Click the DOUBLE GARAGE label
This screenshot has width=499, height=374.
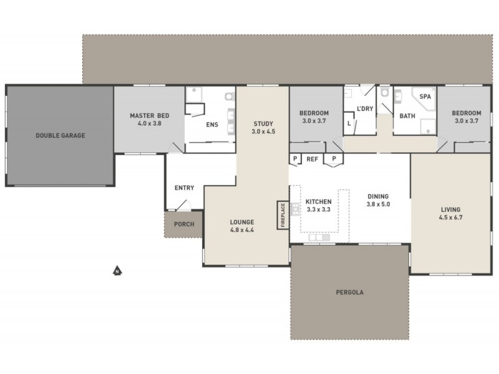click(x=60, y=135)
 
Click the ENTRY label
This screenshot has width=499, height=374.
click(x=185, y=188)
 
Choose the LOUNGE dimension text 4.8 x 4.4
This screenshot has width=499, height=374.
click(x=241, y=230)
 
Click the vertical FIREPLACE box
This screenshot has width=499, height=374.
click(x=282, y=215)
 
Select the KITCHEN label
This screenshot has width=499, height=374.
click(x=317, y=203)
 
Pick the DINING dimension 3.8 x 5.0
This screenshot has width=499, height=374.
click(x=378, y=204)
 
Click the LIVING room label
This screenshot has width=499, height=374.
click(x=452, y=209)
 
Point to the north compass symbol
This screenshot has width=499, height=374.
click(x=117, y=271)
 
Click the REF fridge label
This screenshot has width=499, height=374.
click(x=312, y=160)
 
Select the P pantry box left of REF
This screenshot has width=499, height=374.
click(x=294, y=160)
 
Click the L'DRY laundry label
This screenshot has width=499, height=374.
click(x=364, y=108)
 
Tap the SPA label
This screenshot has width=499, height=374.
click(x=425, y=97)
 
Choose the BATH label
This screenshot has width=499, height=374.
click(x=407, y=116)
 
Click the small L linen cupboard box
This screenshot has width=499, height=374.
click(x=349, y=124)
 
